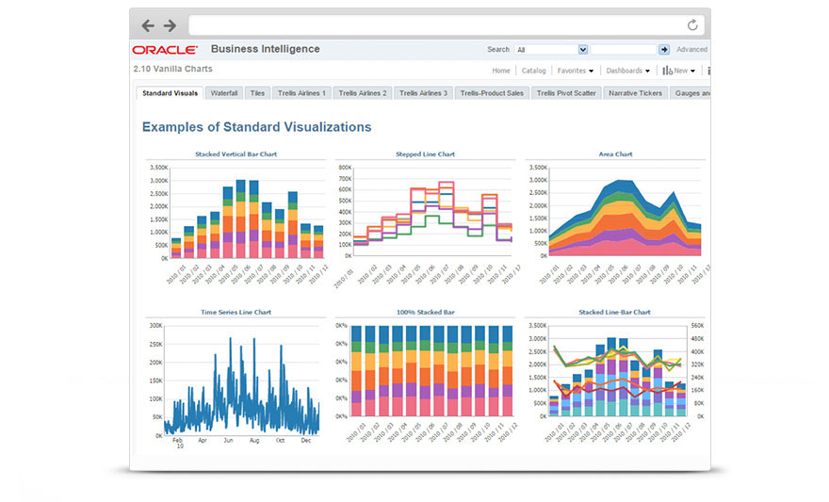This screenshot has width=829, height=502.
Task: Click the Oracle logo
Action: pyautogui.click(x=165, y=50)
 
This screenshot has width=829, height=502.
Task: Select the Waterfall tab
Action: pyautogui.click(x=224, y=93)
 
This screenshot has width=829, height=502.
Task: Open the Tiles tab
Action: pyautogui.click(x=258, y=93)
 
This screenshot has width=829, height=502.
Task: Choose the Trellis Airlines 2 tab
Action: pyautogui.click(x=363, y=93)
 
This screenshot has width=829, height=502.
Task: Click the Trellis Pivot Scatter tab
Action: pyautogui.click(x=566, y=93)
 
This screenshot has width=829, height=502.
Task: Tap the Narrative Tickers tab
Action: pyautogui.click(x=636, y=93)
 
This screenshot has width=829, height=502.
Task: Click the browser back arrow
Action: pyautogui.click(x=148, y=25)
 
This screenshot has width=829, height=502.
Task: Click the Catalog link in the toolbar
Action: pyautogui.click(x=533, y=71)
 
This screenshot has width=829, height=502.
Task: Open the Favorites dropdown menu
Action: pyautogui.click(x=575, y=71)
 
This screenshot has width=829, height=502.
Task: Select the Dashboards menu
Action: pyautogui.click(x=626, y=71)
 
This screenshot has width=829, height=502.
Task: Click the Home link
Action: pyautogui.click(x=501, y=71)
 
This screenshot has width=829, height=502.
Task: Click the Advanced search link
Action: pyautogui.click(x=691, y=50)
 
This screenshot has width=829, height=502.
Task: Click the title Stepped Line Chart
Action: pyautogui.click(x=425, y=154)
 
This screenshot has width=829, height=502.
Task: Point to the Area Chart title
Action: pyautogui.click(x=615, y=154)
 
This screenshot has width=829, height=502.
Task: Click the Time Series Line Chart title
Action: pyautogui.click(x=236, y=312)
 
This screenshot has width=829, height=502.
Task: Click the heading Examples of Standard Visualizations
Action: pyautogui.click(x=256, y=127)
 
